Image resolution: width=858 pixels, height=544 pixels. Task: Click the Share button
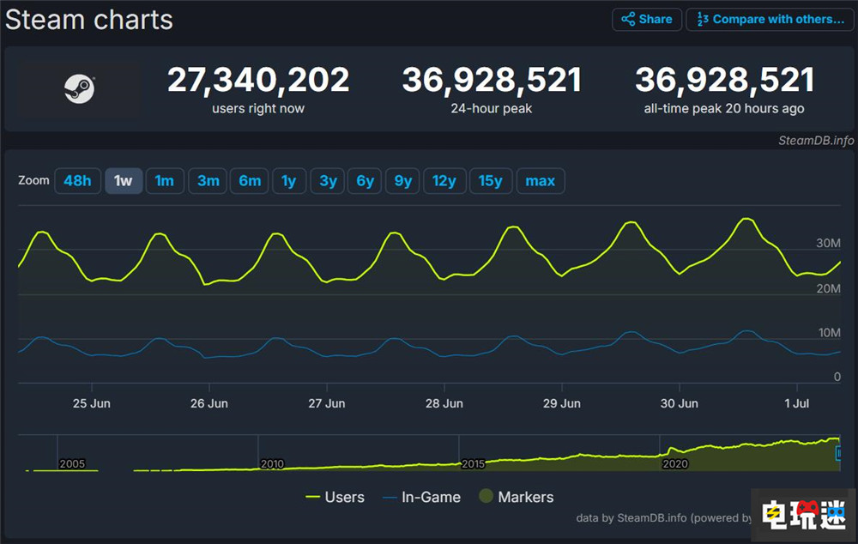647,19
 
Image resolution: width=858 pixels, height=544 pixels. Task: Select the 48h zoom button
77,181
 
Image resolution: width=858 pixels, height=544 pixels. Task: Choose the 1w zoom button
124,181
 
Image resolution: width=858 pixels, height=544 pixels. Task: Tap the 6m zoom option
250,181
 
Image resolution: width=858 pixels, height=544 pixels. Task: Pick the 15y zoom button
491,181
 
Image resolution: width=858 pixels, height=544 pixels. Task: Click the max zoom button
541,181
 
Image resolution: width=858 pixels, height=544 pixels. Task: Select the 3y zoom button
328,181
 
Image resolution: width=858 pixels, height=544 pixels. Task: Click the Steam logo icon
80,89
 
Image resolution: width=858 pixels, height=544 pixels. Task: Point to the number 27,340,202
258,81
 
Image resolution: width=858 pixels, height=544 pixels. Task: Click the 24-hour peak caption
492,109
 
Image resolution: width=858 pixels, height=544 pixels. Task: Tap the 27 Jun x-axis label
326,403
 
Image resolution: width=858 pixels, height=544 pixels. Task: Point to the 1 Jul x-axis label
797,403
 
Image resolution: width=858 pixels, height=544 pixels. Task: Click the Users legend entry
335,497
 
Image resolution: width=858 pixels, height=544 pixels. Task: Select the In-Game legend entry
421,497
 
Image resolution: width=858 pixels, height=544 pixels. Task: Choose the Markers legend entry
516,497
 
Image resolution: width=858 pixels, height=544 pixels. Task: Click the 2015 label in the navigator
473,463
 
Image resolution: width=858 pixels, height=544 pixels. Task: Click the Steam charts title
89,20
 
